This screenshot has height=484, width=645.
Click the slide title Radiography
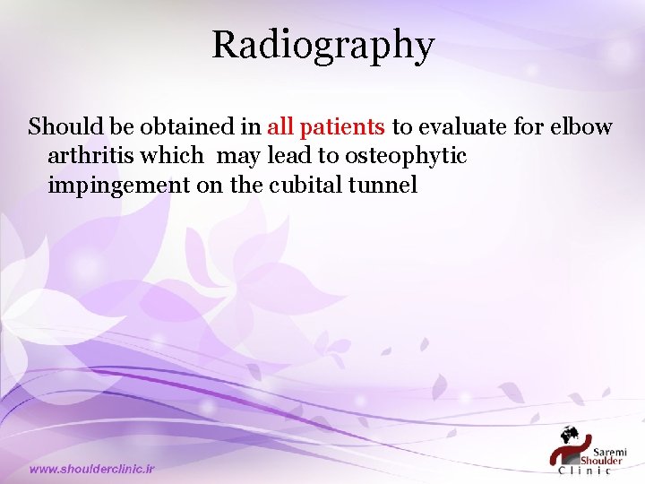pos(322,45)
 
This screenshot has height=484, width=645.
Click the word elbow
pos(582,126)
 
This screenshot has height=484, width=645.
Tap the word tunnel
pos(387,186)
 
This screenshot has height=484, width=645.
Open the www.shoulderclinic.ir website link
pos(92,469)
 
